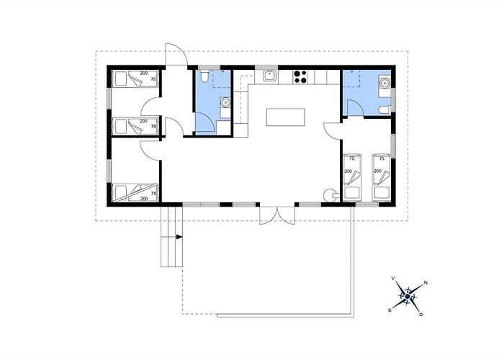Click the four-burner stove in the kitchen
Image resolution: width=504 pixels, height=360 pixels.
[300, 77]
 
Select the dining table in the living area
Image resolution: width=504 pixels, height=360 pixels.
[286, 117]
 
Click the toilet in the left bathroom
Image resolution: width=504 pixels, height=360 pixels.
[204, 76]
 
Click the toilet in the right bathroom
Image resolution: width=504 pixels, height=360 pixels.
[384, 110]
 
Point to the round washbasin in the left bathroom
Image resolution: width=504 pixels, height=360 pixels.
[225, 102]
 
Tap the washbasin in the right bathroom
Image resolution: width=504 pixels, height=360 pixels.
[384, 83]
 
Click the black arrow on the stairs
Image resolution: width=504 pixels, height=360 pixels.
[179, 237]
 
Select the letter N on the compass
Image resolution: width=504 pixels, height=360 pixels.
[426, 283]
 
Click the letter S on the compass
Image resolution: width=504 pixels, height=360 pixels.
[390, 310]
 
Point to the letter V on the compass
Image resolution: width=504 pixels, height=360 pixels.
[393, 278]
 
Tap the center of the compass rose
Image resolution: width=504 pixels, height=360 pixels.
[408, 297]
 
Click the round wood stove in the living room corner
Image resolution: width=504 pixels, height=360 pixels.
[330, 194]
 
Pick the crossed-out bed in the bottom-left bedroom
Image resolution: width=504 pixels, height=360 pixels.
[135, 192]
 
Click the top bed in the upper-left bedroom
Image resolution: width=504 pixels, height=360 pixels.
[135, 78]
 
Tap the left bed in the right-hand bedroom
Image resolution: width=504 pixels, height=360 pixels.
[352, 178]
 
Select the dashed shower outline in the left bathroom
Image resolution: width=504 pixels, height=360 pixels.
[222, 78]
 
